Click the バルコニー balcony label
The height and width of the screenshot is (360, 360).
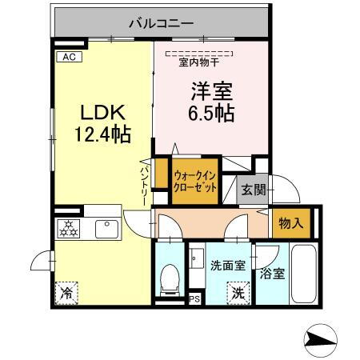pos(162,23)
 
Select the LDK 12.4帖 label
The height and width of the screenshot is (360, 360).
pos(102,122)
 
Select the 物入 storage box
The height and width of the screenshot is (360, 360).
pos(290,222)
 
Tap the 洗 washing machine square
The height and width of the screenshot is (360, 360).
pos(238,293)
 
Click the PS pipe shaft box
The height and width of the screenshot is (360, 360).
pos(194,301)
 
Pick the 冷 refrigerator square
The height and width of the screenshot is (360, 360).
pos(67,293)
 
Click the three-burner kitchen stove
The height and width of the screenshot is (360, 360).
pos(70,228)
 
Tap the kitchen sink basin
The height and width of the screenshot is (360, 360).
pos(106,229)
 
